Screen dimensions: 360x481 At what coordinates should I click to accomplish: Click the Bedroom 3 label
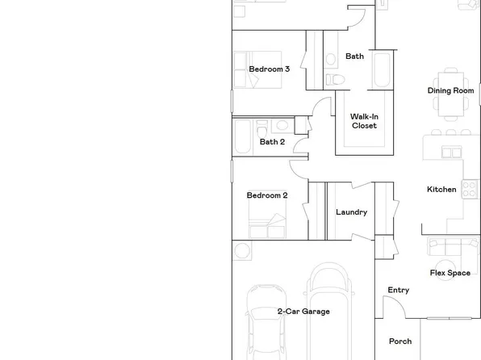pos(269,69)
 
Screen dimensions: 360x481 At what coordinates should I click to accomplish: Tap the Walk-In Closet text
pos(364,121)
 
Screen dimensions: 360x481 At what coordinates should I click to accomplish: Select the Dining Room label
pos(450,91)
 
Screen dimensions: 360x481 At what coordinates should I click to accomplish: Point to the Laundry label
pos(351,212)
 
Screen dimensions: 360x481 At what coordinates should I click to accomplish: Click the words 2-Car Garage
pos(303,312)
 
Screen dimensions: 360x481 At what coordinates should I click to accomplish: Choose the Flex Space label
pos(450,274)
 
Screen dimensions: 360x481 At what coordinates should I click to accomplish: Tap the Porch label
pos(400,341)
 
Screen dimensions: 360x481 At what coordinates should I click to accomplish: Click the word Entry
pos(399,291)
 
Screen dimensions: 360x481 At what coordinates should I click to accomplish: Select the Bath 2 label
pos(272,142)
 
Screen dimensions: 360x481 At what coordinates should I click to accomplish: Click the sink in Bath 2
pos(281,125)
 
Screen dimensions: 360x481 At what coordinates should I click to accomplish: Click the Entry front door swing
pos(394,308)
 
